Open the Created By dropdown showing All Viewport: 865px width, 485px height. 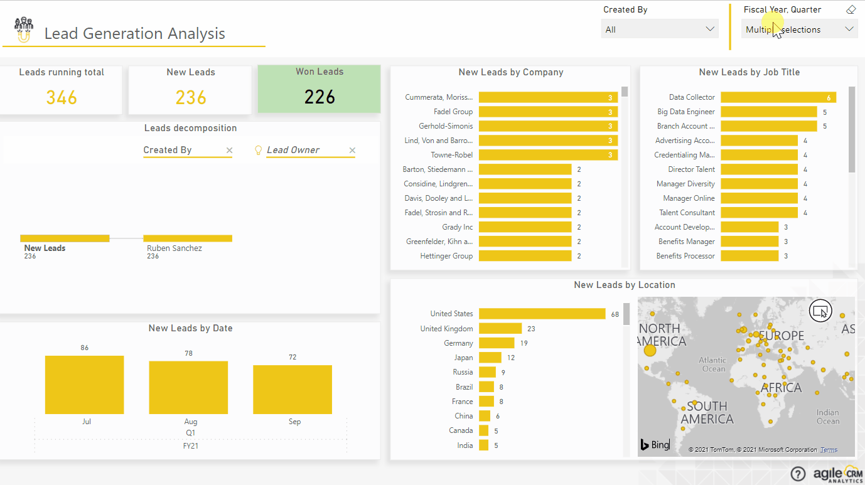(659, 29)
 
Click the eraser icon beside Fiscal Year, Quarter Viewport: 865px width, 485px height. (851, 9)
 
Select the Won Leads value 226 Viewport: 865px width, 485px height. (320, 97)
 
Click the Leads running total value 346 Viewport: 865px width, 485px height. (62, 97)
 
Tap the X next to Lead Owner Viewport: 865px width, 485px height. (352, 151)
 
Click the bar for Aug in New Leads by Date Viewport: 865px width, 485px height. (188, 387)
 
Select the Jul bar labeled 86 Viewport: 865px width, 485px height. (84, 385)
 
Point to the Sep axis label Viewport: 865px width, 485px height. (294, 422)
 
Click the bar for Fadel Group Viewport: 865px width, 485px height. (548, 112)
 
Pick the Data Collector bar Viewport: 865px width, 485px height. (778, 97)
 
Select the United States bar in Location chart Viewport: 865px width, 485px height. (542, 314)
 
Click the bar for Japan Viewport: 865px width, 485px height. (490, 358)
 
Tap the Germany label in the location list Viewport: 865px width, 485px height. (458, 343)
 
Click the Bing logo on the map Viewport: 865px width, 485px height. (655, 445)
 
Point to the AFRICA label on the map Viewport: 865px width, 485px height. (781, 388)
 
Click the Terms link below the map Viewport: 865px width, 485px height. (829, 450)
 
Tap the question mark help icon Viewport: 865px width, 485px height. (798, 474)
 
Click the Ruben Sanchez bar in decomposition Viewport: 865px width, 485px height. (188, 238)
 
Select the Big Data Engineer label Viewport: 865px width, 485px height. (686, 112)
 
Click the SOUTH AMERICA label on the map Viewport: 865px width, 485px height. (707, 412)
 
